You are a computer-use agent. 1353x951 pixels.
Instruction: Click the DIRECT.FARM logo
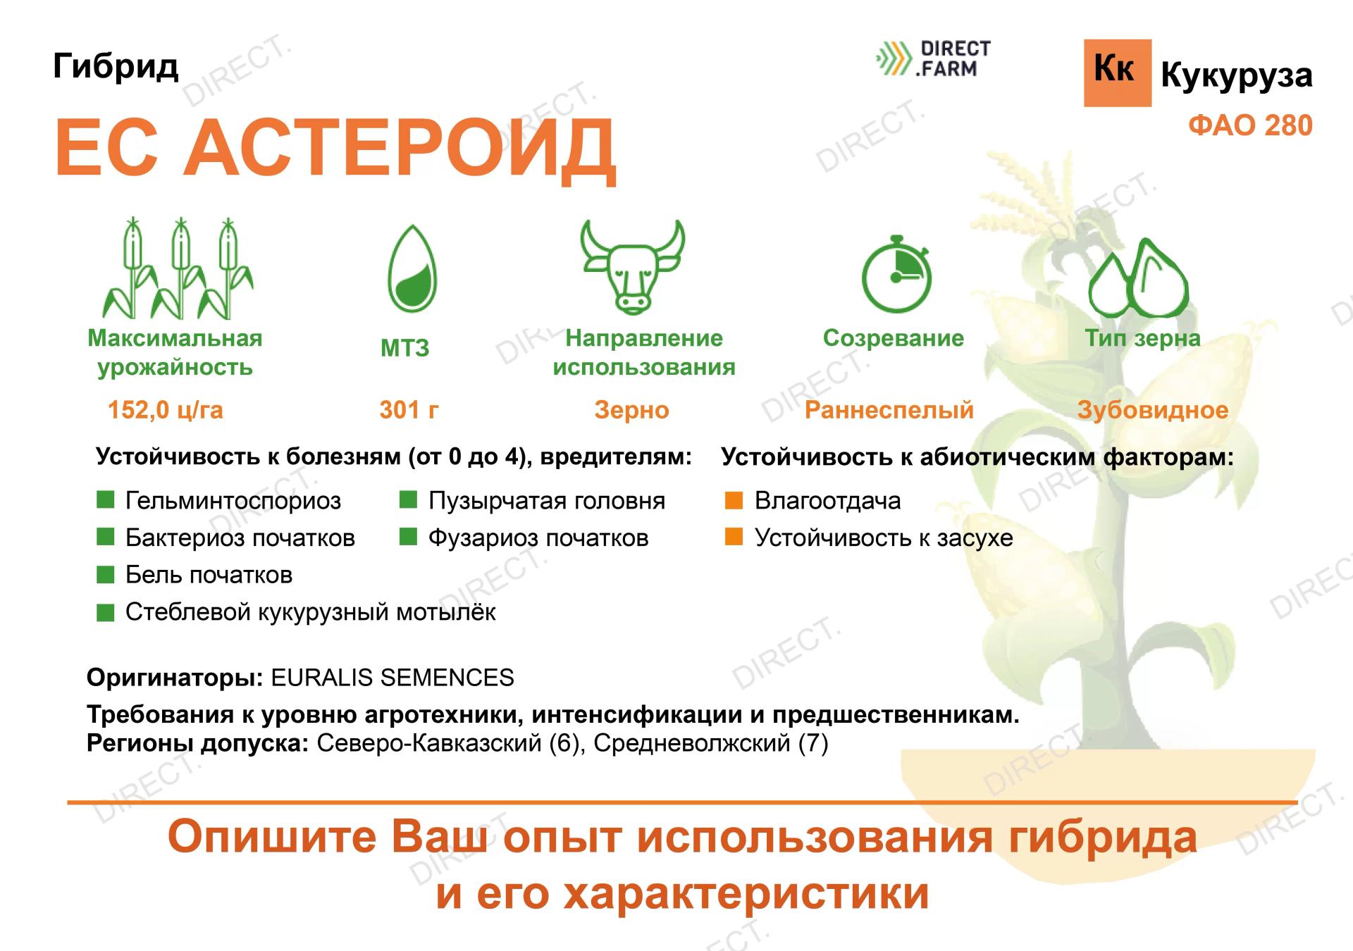[933, 59]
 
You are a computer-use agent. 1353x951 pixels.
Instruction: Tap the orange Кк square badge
[1117, 73]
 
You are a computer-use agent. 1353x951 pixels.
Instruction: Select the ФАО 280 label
[1250, 126]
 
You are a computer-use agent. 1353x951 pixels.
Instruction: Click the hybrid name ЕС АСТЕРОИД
[335, 149]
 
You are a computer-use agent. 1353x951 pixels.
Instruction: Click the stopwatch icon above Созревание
[896, 274]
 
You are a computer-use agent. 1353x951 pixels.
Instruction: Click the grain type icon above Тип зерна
[1138, 279]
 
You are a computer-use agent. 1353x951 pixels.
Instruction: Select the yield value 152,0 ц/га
[166, 410]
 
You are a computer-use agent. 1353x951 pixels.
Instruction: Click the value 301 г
[409, 410]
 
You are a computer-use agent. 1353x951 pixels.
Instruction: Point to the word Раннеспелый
[889, 410]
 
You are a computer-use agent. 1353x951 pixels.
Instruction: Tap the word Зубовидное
[1153, 410]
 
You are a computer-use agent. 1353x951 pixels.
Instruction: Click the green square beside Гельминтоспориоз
[105, 500]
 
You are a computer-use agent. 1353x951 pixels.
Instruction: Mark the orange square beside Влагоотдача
[734, 500]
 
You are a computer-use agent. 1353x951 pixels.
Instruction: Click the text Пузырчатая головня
[547, 501]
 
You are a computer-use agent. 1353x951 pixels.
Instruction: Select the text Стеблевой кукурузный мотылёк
[310, 612]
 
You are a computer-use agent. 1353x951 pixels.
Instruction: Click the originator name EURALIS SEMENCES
[393, 678]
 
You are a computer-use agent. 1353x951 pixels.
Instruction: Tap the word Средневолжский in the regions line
[691, 743]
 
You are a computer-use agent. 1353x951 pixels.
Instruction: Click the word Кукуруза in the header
[1237, 75]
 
